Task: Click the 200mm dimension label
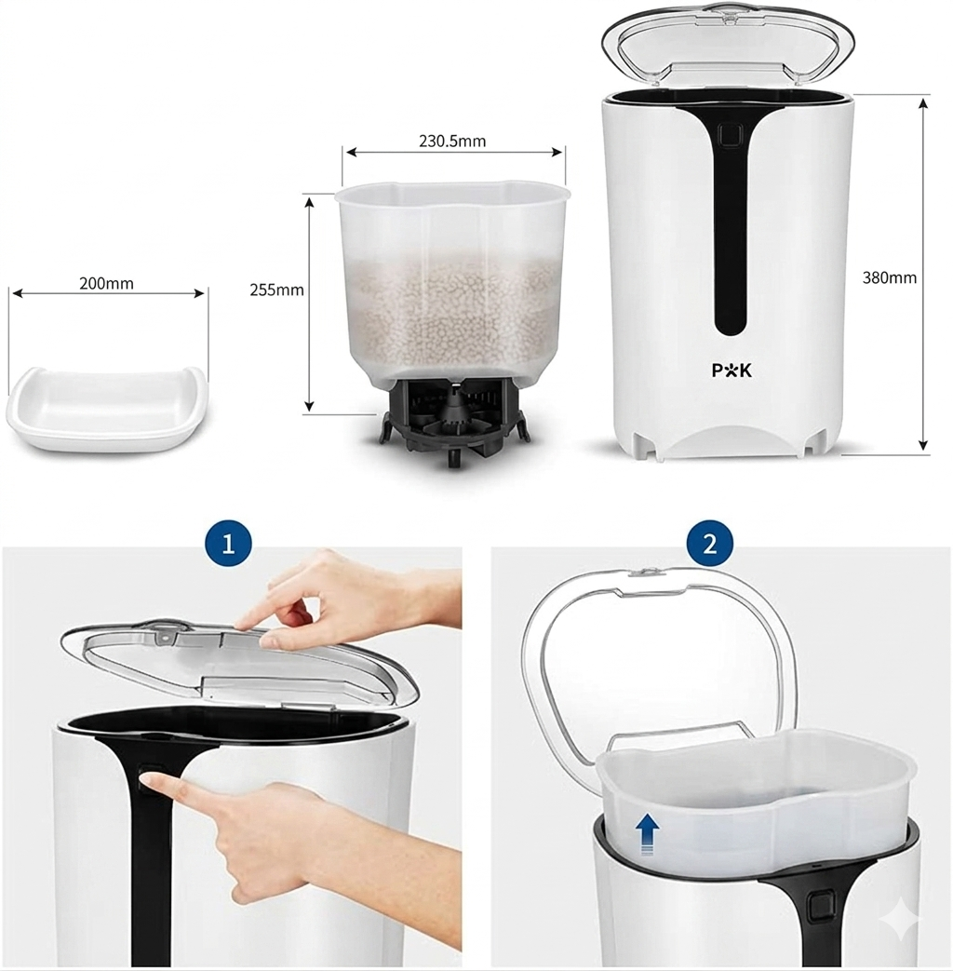click(106, 284)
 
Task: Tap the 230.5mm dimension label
click(452, 142)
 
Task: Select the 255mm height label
click(276, 290)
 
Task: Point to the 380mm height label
click(889, 277)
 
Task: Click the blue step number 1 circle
click(228, 544)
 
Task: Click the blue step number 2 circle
click(710, 544)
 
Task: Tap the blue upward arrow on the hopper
click(648, 834)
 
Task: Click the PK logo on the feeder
click(732, 371)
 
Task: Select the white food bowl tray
click(105, 407)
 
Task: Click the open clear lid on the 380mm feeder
click(728, 46)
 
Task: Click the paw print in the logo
click(732, 371)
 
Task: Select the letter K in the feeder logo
click(746, 371)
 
